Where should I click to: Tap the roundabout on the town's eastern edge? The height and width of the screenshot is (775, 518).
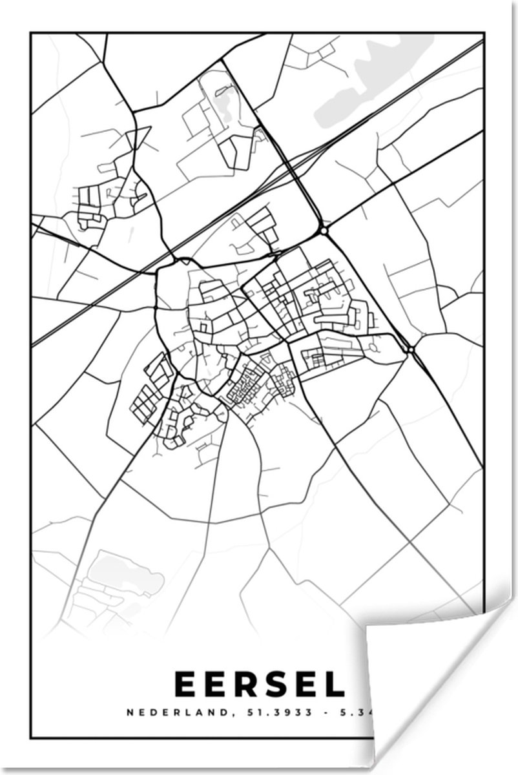point(411,349)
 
